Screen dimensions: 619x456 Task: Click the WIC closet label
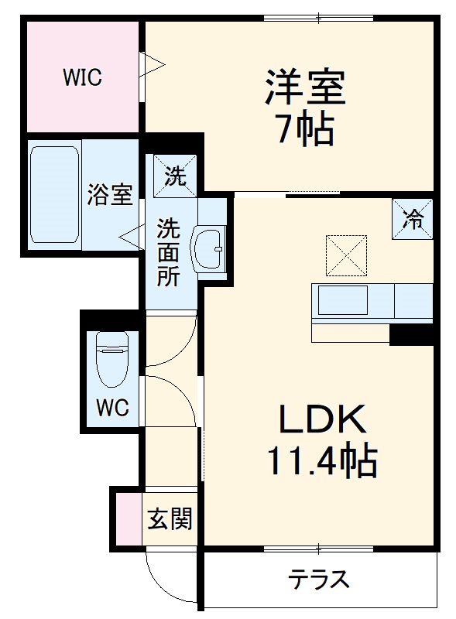(83, 77)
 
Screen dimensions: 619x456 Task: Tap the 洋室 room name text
(305, 87)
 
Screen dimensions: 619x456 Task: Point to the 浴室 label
(109, 194)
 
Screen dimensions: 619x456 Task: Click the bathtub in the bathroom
(54, 194)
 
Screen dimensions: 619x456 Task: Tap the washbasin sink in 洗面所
(210, 249)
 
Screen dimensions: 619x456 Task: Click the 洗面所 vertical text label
(170, 252)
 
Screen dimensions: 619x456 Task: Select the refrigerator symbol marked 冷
(413, 219)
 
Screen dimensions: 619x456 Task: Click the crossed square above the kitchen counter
(346, 255)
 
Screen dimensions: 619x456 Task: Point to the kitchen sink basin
(342, 299)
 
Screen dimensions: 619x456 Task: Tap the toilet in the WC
(112, 359)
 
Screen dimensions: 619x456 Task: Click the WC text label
(113, 407)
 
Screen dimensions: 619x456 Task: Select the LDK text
(321, 421)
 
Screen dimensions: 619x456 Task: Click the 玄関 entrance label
(170, 519)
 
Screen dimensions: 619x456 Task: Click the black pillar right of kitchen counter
(410, 334)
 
